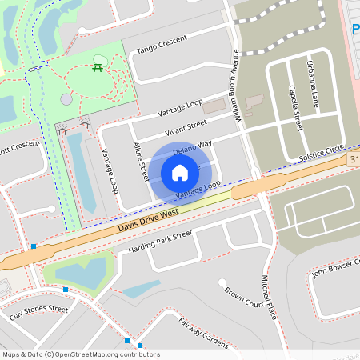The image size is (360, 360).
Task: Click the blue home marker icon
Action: (180, 173)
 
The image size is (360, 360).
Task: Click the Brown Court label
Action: (244, 298)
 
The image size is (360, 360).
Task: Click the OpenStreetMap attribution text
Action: (80, 354)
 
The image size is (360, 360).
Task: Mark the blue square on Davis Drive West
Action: (34, 246)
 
